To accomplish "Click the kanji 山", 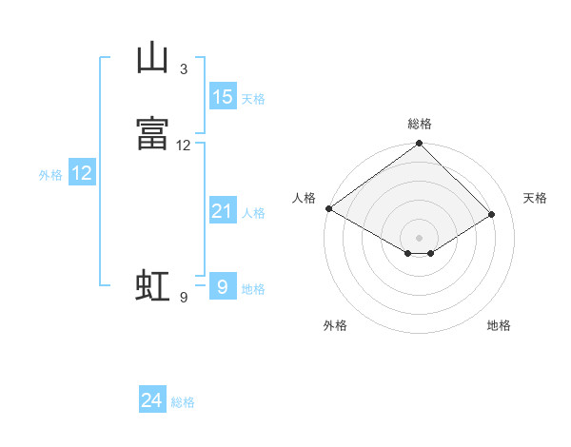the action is point(152,57).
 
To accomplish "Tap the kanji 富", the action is point(152,133).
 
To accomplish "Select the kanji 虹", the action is point(152,285).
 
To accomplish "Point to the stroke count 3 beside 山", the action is point(184,68).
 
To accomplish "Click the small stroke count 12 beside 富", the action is point(183,146).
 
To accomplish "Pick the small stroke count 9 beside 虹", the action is point(184,298).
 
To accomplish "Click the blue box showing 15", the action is point(224,96).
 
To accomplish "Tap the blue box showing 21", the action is point(224,209).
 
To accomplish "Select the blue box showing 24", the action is point(152,398).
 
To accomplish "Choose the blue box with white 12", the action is point(82,172).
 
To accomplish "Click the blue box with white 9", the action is point(224,285).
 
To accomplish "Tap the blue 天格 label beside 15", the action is point(253,99).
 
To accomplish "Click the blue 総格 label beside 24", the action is point(183,402).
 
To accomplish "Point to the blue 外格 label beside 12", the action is point(50,175).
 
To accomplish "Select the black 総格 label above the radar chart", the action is point(420,124).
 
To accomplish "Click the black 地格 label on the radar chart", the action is point(499,325).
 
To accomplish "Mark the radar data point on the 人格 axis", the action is point(329,208).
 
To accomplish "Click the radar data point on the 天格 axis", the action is point(492,214).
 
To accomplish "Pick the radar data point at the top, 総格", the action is point(419,143).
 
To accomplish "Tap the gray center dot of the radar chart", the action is point(419,238).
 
